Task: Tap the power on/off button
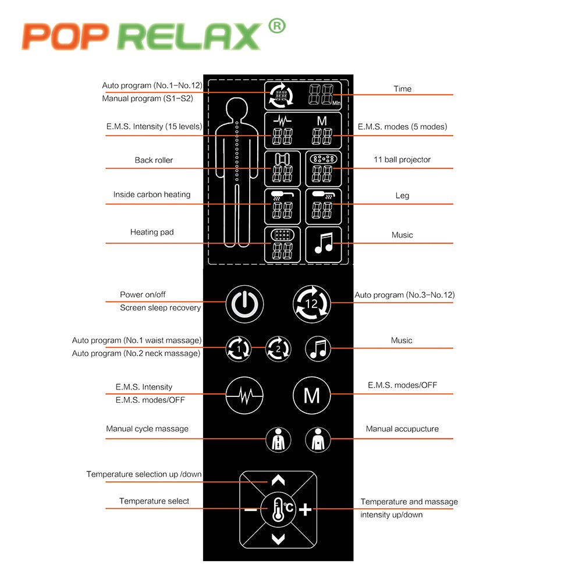coord(244,303)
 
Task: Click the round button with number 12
coord(311,303)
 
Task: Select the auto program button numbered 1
coord(239,349)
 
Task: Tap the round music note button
coord(318,349)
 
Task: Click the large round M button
coord(311,396)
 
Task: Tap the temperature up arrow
coord(278,481)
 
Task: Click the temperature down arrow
coord(278,539)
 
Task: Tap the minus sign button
coord(250,510)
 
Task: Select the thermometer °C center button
coord(278,509)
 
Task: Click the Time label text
coord(402,89)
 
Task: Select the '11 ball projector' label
coord(402,159)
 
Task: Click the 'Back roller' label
coord(154,160)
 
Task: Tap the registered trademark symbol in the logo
coord(277,26)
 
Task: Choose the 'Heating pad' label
coord(152,232)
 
